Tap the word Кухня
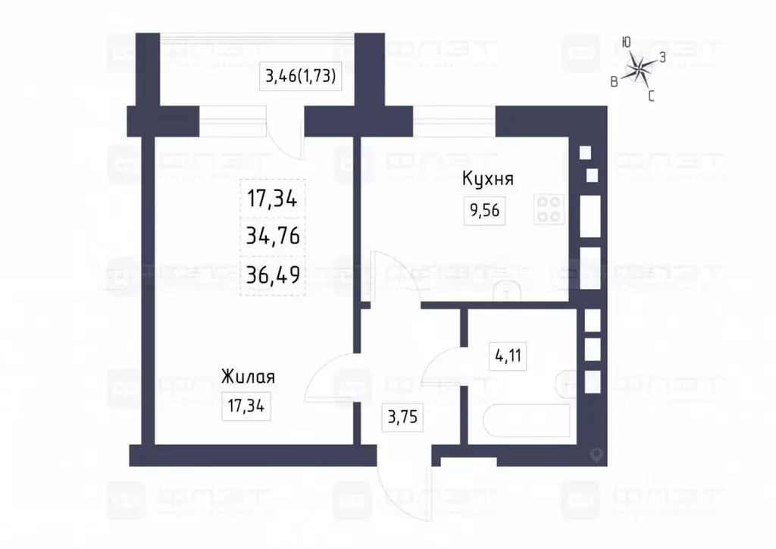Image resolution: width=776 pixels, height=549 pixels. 489,180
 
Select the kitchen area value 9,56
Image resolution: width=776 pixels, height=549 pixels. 485,211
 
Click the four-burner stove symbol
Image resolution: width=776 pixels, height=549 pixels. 549,210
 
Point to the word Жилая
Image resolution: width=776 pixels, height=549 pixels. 248,377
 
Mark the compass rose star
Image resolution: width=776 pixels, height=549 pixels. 641,71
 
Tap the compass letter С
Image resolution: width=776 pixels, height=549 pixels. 651,96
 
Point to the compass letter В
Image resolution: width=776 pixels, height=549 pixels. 614,82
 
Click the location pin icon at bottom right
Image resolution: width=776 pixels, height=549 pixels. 596,455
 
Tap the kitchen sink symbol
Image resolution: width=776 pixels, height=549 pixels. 505,291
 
